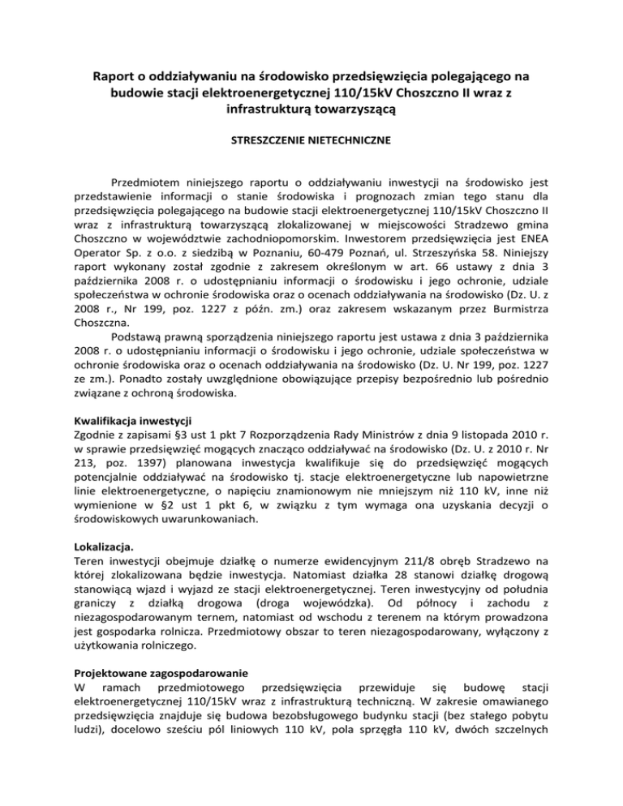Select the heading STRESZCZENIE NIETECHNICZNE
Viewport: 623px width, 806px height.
pyautogui.click(x=311, y=140)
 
